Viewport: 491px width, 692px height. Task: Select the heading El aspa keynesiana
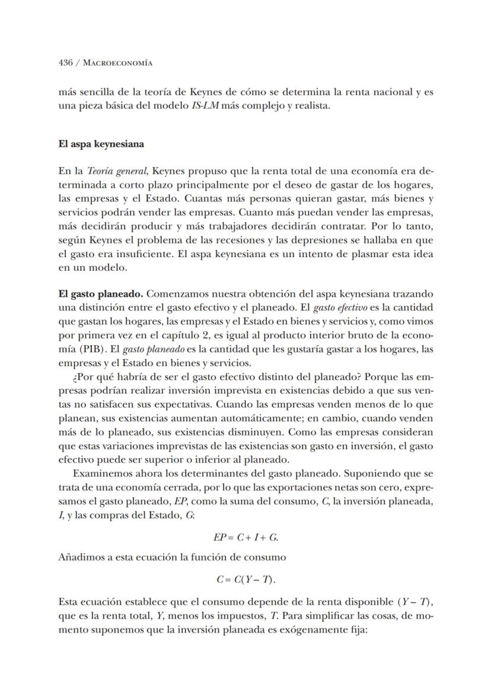point(101,144)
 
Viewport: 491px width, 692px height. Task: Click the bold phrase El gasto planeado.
point(100,293)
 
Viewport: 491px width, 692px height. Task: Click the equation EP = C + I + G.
point(245,537)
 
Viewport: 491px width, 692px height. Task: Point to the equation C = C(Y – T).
point(245,579)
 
